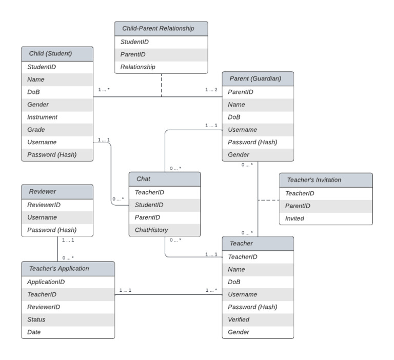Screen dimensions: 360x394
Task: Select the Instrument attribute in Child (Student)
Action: pyautogui.click(x=43, y=117)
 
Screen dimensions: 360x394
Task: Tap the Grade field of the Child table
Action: pyautogui.click(x=36, y=130)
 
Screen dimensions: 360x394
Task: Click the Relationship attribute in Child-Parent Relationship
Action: pyautogui.click(x=137, y=67)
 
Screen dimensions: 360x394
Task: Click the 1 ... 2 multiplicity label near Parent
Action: pyautogui.click(x=211, y=90)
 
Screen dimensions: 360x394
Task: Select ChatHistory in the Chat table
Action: pyautogui.click(x=151, y=230)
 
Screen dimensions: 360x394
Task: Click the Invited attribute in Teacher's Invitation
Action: pyautogui.click(x=295, y=218)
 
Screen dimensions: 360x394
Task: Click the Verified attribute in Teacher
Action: pyautogui.click(x=239, y=319)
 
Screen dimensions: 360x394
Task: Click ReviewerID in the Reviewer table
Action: pyautogui.click(x=44, y=205)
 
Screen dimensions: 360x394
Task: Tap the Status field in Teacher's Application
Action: pyautogui.click(x=36, y=319)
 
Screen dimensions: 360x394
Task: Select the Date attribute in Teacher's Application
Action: pyautogui.click(x=34, y=332)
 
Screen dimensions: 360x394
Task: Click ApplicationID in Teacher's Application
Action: pyautogui.click(x=46, y=282)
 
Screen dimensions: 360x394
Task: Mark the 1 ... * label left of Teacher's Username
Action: pyautogui.click(x=211, y=290)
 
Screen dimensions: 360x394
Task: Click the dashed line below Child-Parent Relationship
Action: pyautogui.click(x=161, y=85)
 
